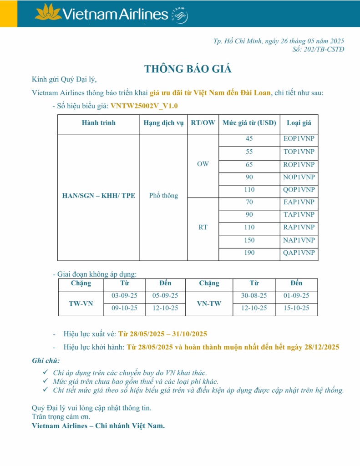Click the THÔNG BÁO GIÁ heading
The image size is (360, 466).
coord(188,69)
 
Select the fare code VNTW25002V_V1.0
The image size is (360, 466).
coord(144,106)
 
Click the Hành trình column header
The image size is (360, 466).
coord(99,123)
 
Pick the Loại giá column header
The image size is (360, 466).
coord(299,123)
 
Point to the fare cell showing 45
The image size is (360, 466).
coord(249,139)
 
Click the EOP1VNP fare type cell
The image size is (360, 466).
coord(299,139)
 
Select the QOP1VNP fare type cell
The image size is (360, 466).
coord(299,190)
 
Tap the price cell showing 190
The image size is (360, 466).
coord(249,253)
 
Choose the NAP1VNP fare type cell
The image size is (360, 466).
coord(299,240)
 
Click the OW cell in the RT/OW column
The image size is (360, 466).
coord(203,164)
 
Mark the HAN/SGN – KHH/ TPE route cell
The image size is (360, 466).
coord(99,196)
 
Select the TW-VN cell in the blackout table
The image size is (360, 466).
coord(81,303)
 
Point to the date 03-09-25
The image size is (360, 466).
coord(125,296)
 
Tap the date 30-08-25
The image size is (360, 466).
coord(254,296)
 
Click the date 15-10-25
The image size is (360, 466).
coord(296,308)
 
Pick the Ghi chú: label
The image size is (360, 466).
coord(46,361)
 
